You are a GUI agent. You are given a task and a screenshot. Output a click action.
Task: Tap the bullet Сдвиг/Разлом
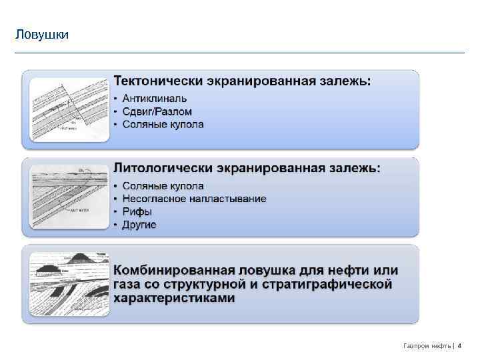pos(157,111)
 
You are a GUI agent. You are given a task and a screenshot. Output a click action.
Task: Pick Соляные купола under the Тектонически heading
pos(163,124)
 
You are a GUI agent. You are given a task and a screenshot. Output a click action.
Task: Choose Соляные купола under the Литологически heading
pos(163,186)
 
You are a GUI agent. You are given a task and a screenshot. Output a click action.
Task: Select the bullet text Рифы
pos(137,212)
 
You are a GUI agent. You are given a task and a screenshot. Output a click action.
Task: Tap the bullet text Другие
pos(139,225)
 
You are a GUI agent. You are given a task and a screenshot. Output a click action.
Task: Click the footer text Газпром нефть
pos(427,345)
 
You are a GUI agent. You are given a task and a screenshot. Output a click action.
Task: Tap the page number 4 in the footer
pos(459,345)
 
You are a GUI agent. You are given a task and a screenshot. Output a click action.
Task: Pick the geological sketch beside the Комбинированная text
pos(69,284)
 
